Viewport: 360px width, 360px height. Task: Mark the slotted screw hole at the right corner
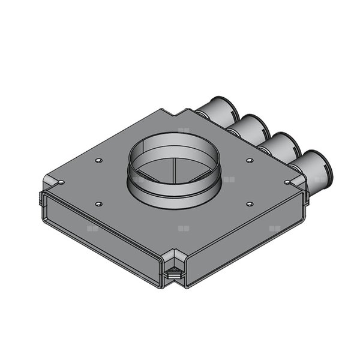(288, 181)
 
